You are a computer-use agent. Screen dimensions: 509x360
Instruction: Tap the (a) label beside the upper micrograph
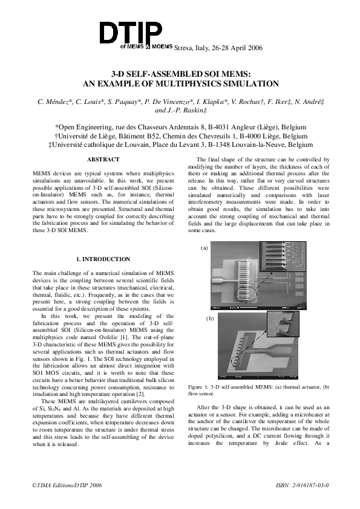[204, 247]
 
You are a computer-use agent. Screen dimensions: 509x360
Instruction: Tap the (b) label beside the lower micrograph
[210, 317]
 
